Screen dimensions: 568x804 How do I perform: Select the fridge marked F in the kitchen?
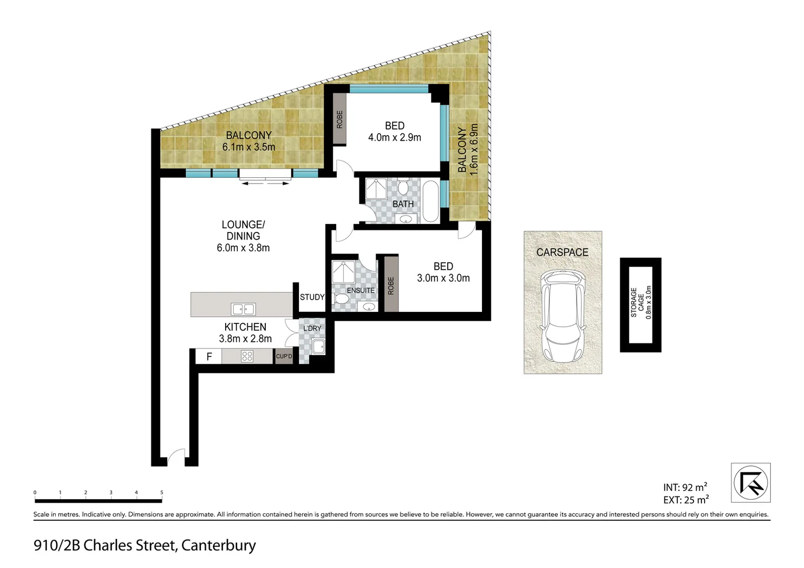click(x=209, y=357)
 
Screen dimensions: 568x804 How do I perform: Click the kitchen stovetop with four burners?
click(x=247, y=357)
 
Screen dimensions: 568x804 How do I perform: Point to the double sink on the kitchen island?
click(x=243, y=309)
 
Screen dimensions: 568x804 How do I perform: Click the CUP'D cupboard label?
click(x=284, y=357)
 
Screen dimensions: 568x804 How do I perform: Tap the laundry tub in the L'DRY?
click(x=317, y=347)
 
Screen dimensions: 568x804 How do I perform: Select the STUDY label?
click(x=312, y=297)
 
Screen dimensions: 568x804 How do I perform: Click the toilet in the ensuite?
click(x=341, y=300)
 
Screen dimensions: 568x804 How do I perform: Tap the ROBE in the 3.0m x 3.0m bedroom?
click(x=390, y=285)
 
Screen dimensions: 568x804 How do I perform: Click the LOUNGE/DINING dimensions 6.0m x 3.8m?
click(x=243, y=248)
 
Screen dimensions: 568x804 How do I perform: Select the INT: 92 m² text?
click(x=685, y=488)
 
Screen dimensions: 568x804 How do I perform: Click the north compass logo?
click(x=751, y=482)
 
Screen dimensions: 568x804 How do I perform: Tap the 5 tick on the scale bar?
click(x=162, y=493)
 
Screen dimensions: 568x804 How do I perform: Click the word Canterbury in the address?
click(x=218, y=545)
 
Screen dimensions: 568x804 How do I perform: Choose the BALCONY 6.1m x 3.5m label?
click(x=248, y=141)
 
